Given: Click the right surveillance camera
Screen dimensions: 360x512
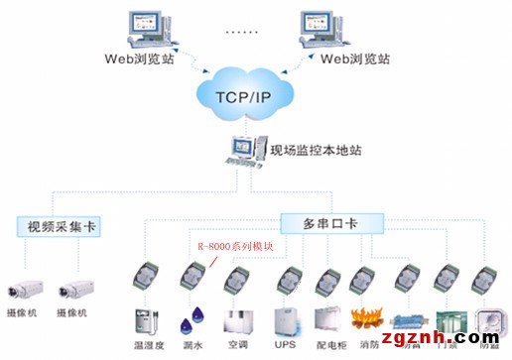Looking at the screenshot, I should point(74,289).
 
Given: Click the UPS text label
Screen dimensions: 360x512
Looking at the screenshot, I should point(285,344).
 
